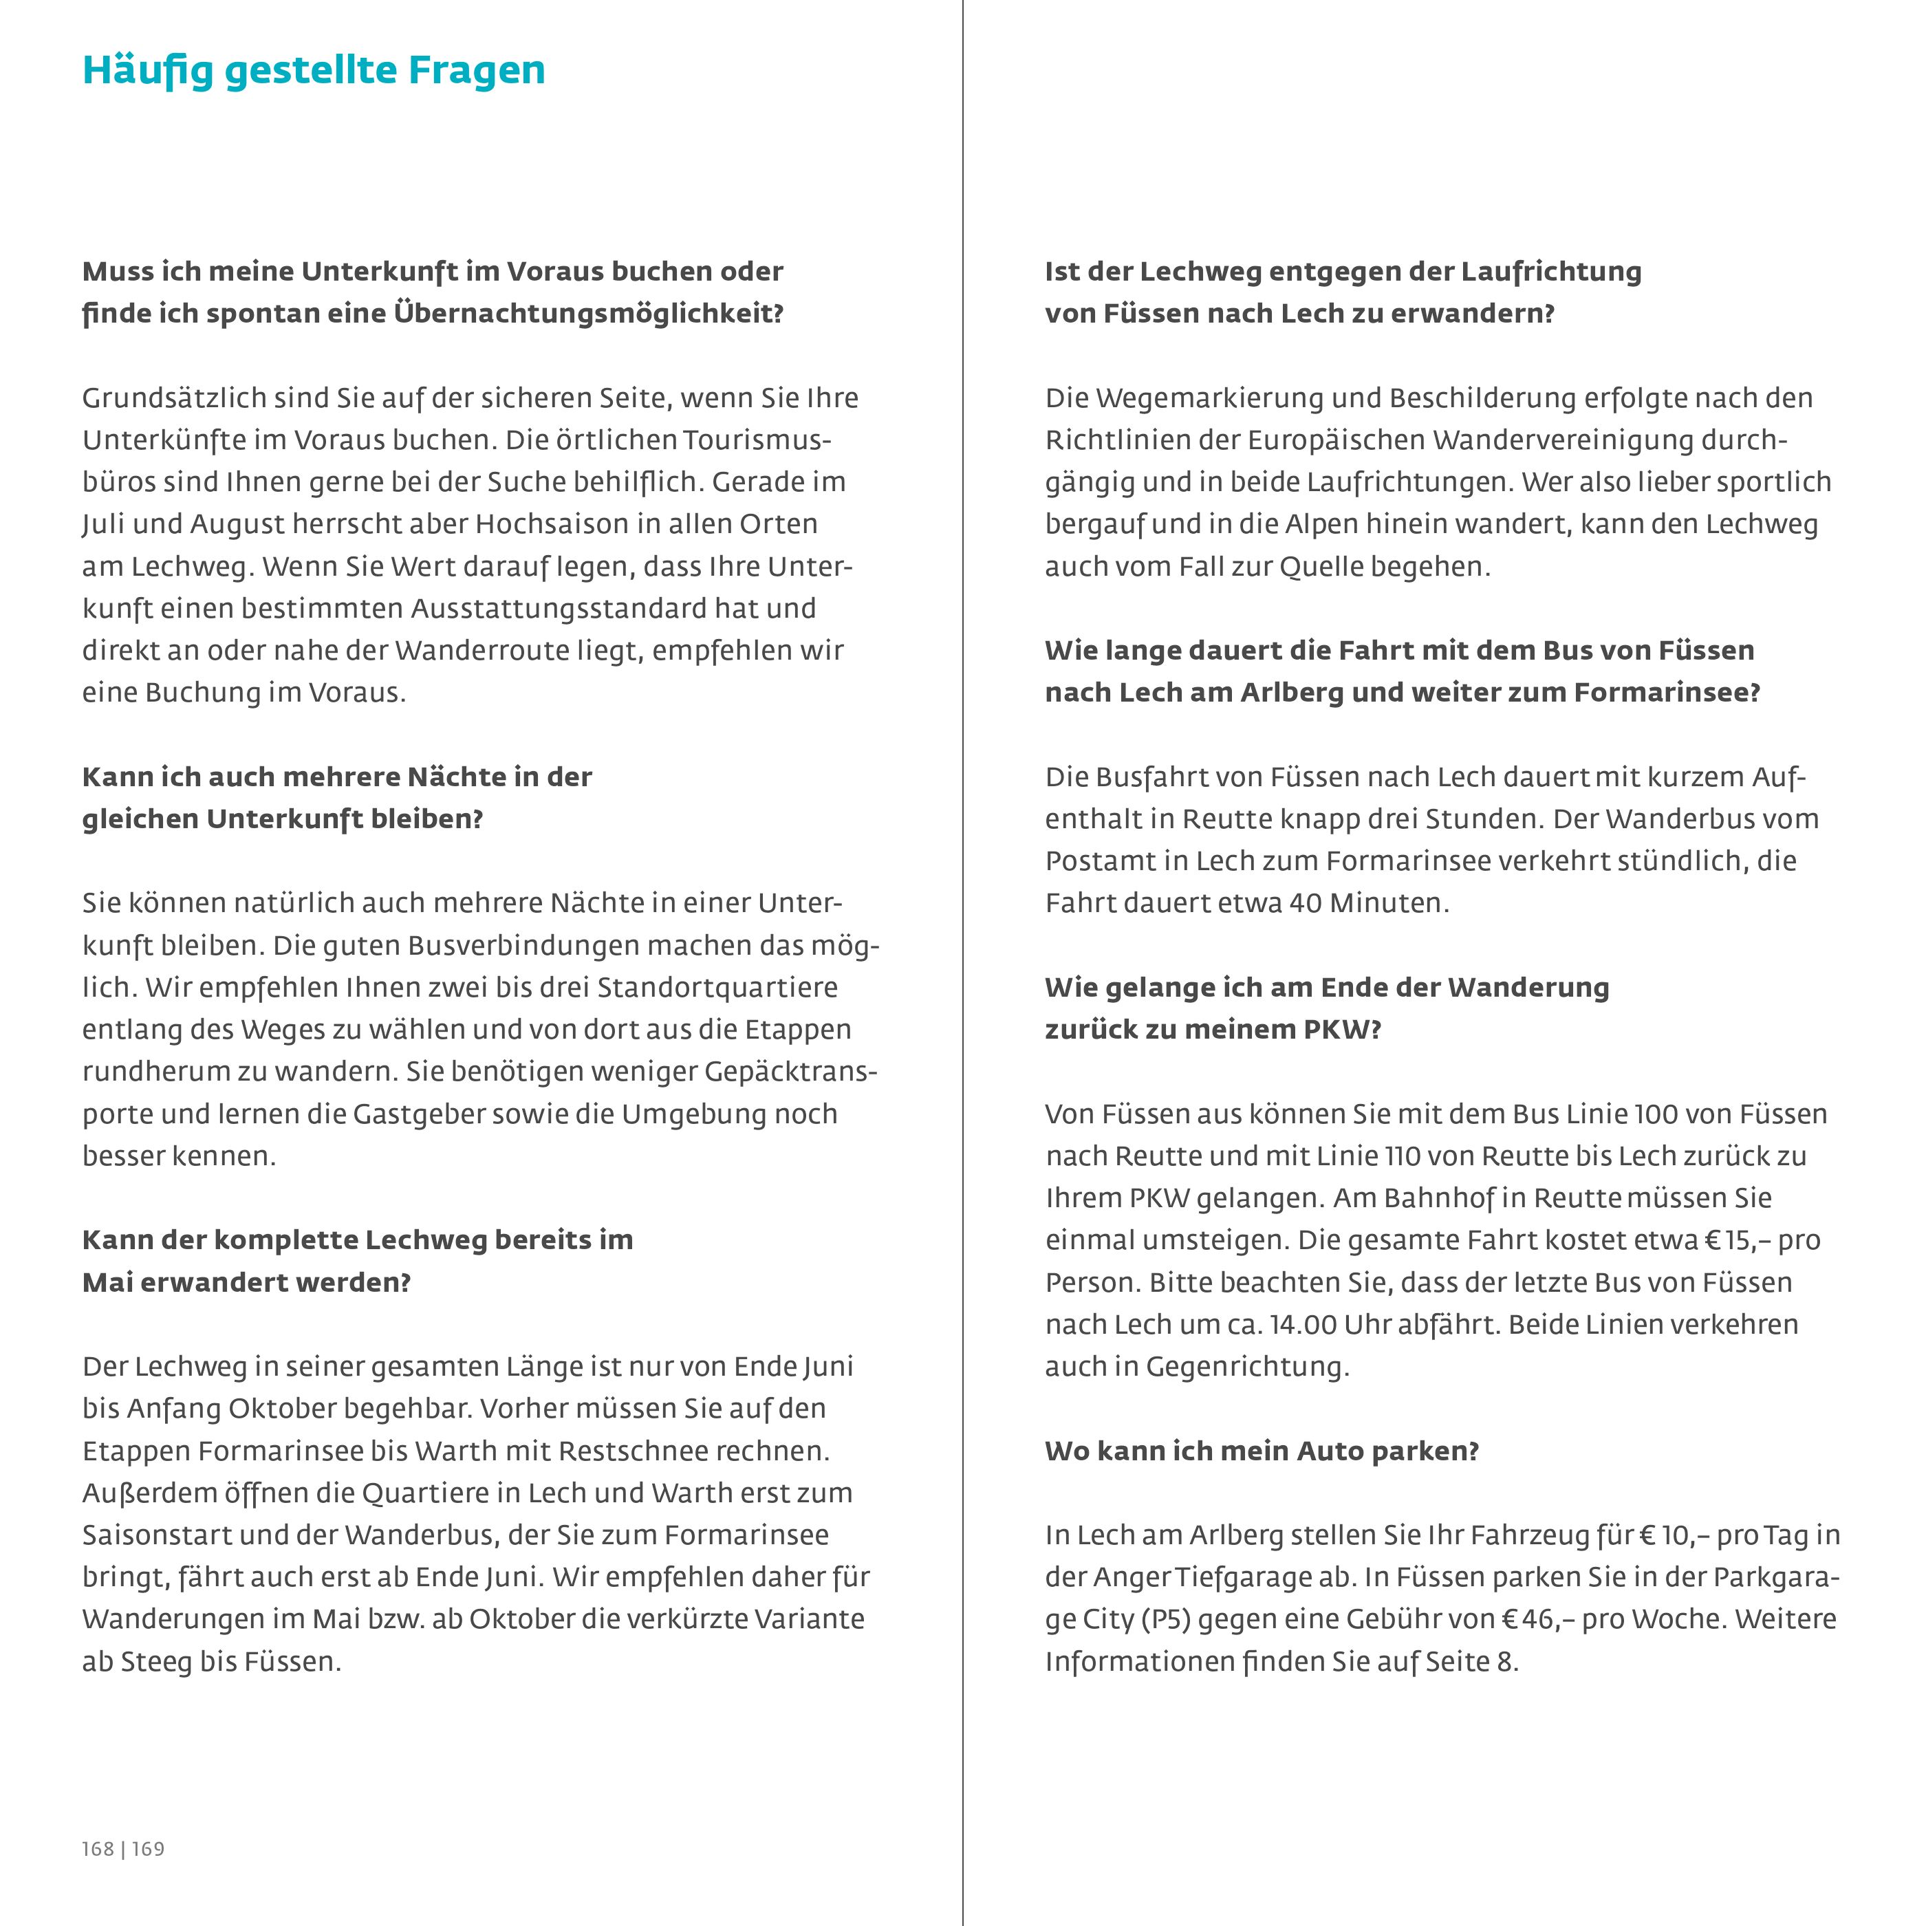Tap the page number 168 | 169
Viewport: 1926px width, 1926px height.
(x=122, y=1849)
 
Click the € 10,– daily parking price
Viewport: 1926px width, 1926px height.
(x=1671, y=1535)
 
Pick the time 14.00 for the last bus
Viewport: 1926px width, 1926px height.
(x=1303, y=1325)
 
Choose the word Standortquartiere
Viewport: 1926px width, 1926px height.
(x=717, y=988)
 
